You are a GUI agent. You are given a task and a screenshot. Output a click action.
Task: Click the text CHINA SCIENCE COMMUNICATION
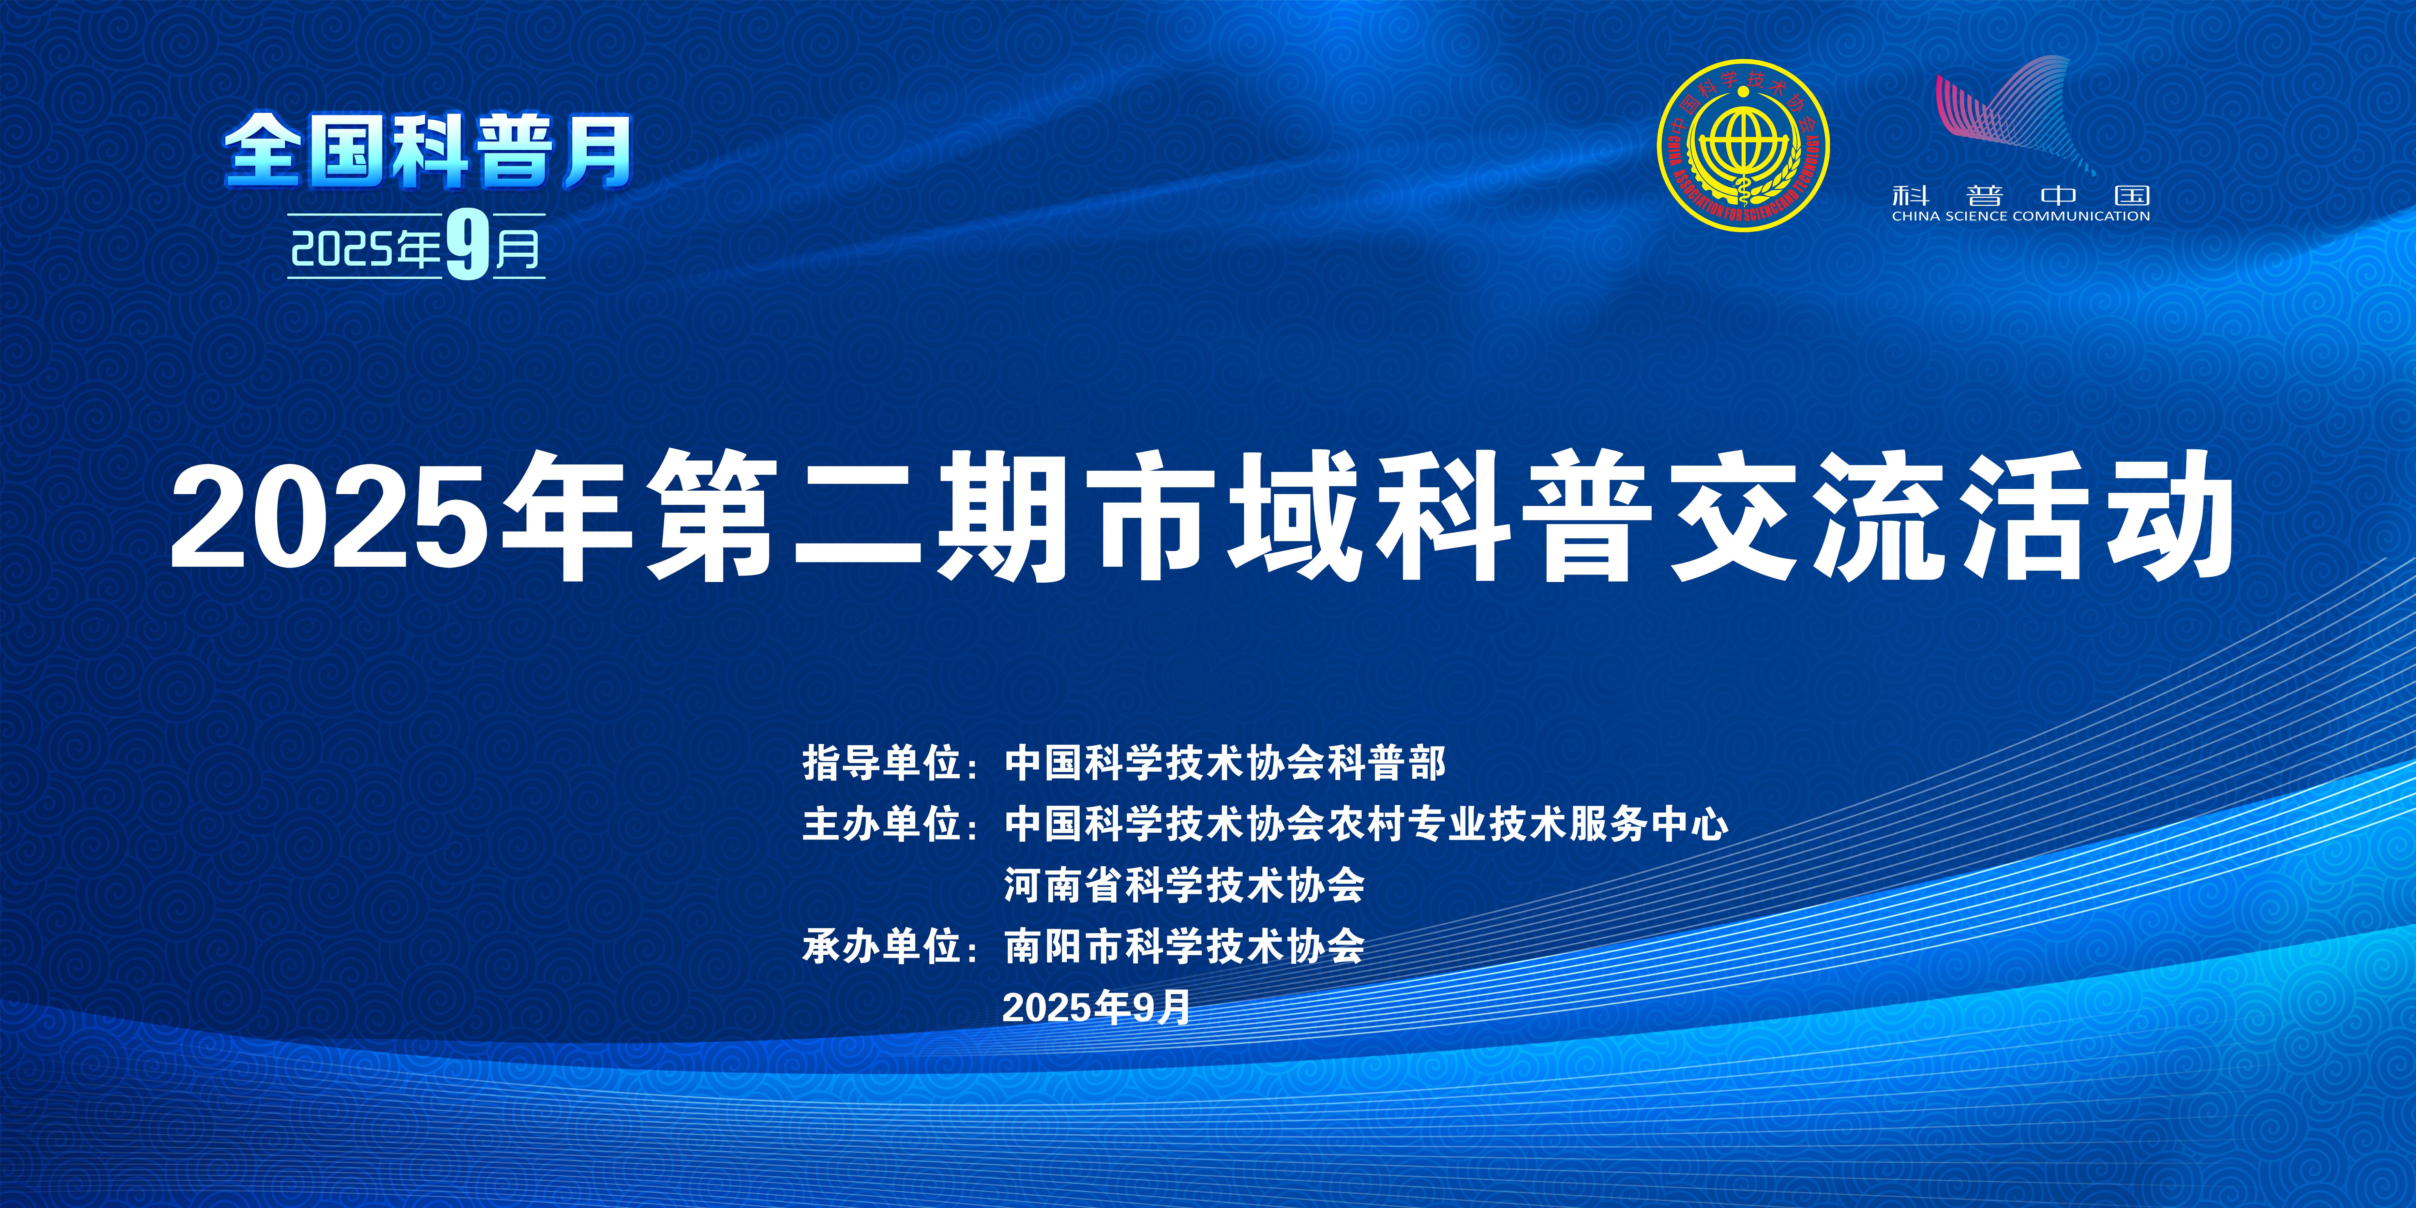2021,216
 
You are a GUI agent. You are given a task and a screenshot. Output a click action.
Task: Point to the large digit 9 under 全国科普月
468,246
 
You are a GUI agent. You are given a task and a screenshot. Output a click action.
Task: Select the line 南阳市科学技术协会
1185,946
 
